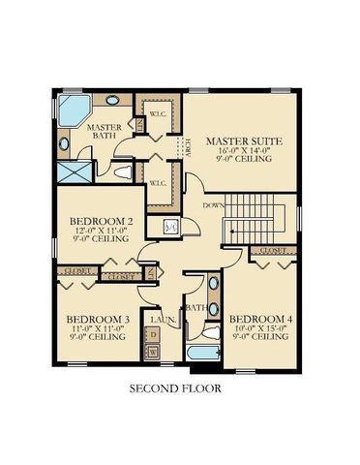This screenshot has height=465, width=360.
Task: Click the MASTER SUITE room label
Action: point(246,141)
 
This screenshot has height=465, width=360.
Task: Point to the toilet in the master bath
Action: point(122,173)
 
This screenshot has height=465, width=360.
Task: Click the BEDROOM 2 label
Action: point(100,221)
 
